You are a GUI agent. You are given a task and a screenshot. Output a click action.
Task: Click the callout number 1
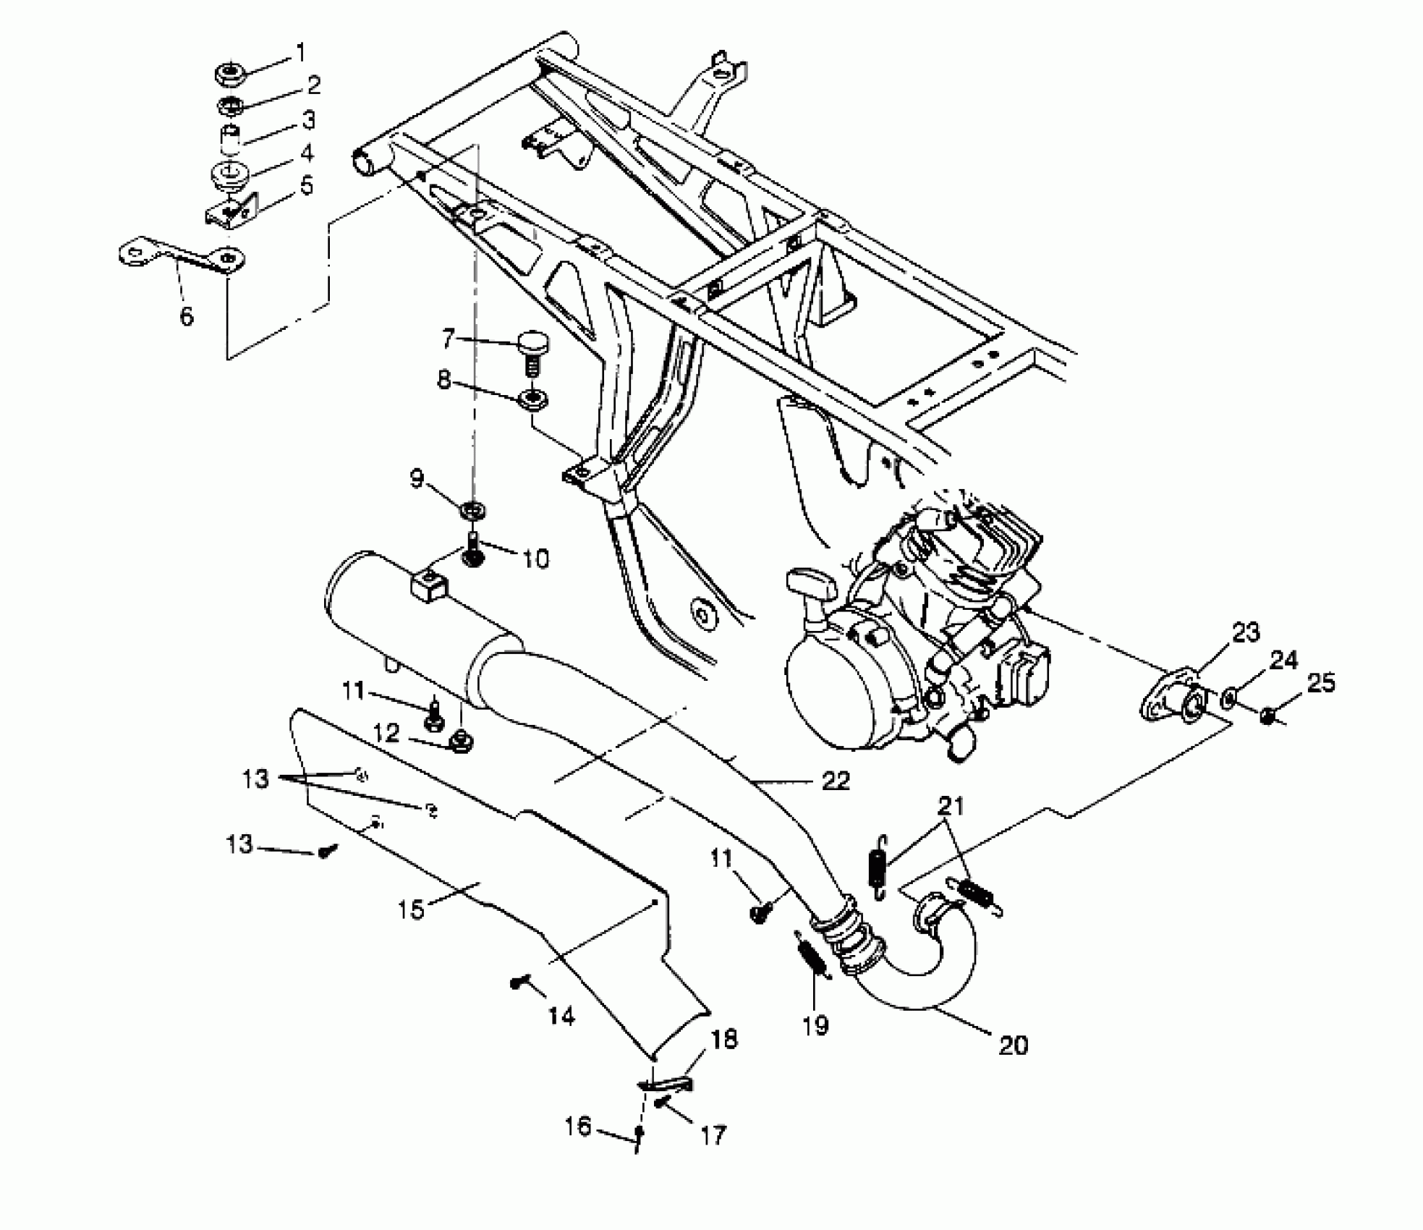click(x=300, y=52)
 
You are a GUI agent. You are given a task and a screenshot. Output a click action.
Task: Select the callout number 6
click(x=187, y=316)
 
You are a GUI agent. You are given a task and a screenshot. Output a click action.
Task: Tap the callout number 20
click(x=1012, y=1045)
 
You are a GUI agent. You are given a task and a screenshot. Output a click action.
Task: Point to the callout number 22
click(x=836, y=781)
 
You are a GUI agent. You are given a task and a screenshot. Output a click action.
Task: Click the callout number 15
click(x=411, y=909)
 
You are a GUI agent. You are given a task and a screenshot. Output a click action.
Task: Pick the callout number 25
click(x=1321, y=683)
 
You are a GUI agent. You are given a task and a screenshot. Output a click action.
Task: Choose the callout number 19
click(x=815, y=1025)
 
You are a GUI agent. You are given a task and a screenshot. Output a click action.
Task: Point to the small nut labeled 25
click(x=1267, y=717)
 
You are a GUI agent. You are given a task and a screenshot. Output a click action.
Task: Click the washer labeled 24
click(x=1228, y=699)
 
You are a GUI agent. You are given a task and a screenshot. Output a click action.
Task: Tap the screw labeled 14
click(x=518, y=983)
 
